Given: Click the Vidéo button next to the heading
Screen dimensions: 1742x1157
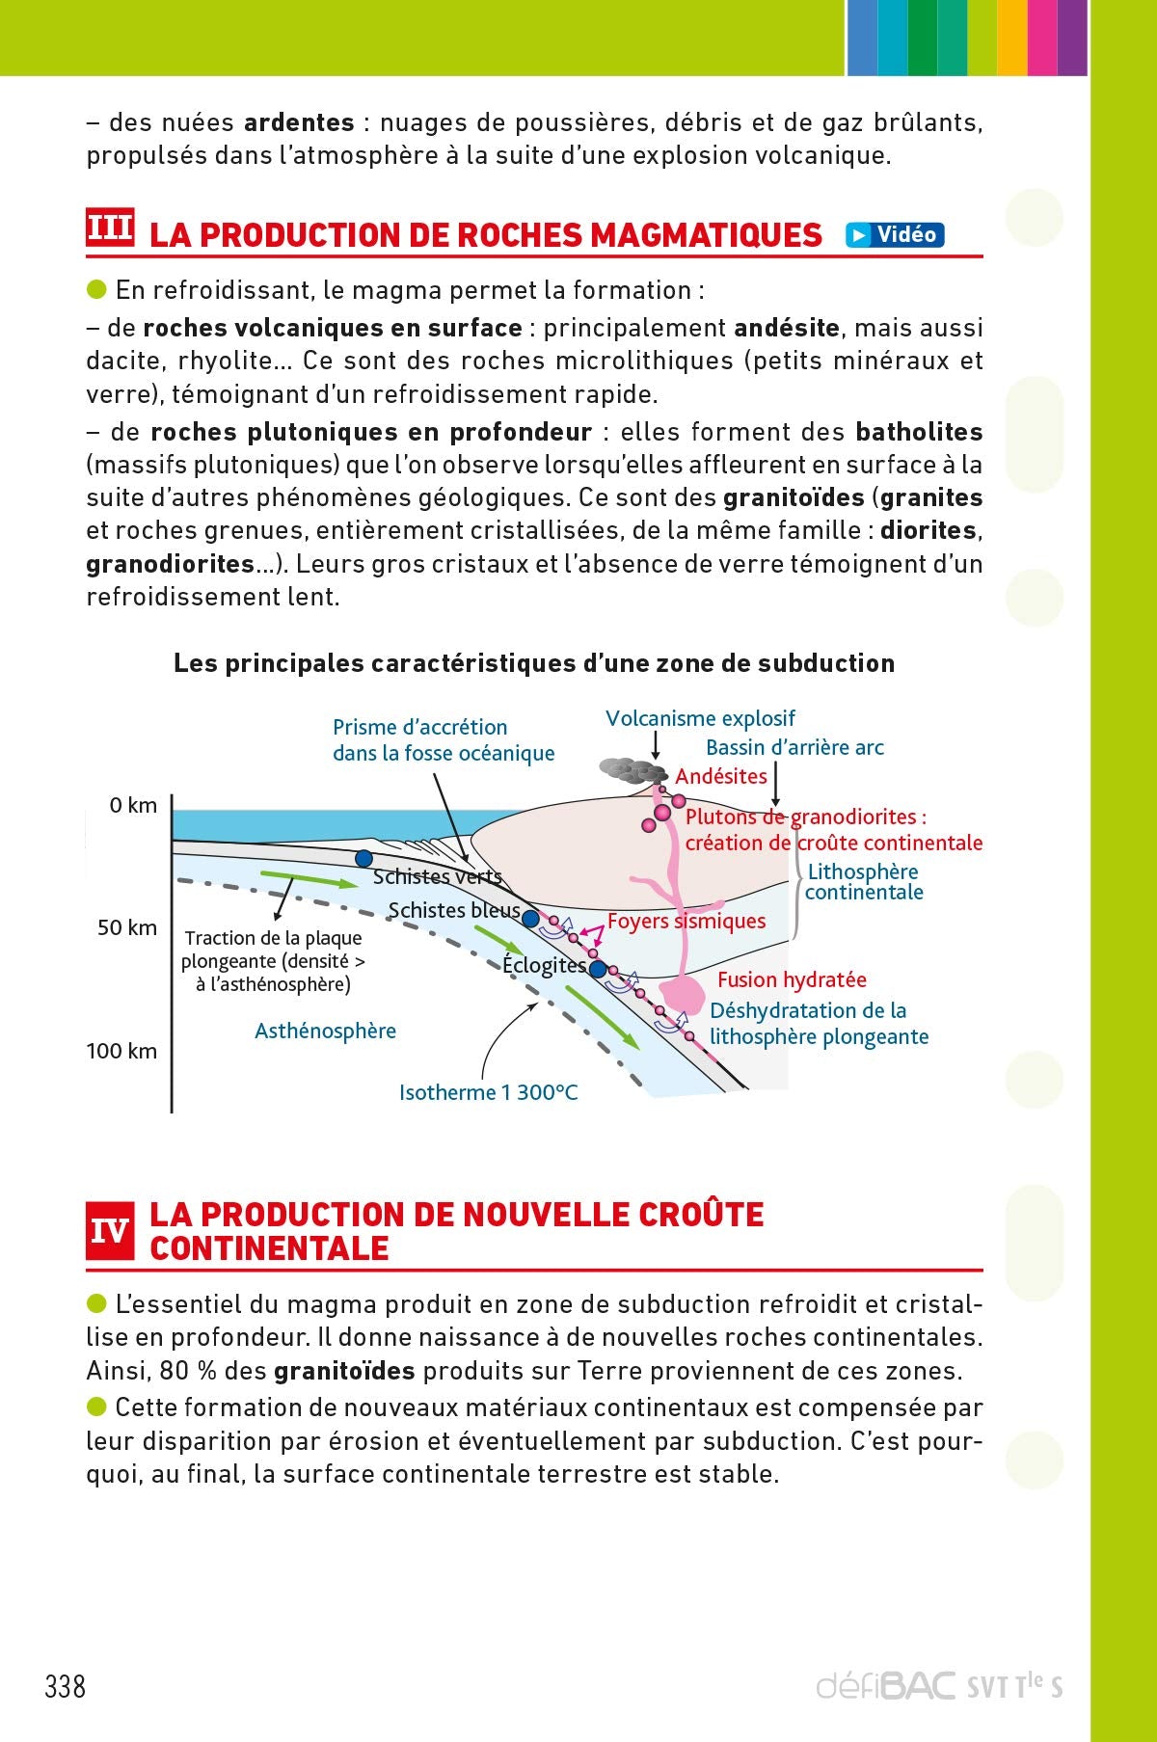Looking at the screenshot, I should tap(895, 234).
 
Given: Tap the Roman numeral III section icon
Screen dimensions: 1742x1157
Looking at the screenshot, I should tap(110, 229).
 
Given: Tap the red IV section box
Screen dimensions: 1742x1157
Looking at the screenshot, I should tap(110, 1231).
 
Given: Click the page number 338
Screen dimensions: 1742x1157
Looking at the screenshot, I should tap(66, 1686).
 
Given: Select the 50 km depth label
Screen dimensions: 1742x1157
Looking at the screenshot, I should tap(126, 927).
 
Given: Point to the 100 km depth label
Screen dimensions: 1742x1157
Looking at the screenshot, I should tap(121, 1051).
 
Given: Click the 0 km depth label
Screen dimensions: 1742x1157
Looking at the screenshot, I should tap(133, 805).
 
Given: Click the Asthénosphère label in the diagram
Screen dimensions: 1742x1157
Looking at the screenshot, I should tap(325, 1031).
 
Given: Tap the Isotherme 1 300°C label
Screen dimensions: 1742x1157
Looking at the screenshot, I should tap(488, 1092).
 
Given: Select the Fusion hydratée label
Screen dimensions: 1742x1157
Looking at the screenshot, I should tap(792, 979).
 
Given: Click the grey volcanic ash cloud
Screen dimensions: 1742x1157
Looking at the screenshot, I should tap(632, 770).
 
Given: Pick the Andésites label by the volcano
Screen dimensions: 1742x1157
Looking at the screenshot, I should tap(721, 776).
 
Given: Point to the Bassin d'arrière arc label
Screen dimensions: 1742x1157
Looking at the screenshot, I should tap(794, 747).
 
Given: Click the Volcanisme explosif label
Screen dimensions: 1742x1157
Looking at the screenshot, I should tap(700, 718).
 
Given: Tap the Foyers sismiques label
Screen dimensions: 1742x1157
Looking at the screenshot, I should tap(686, 921).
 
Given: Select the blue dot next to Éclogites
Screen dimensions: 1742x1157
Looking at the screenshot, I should tap(598, 969).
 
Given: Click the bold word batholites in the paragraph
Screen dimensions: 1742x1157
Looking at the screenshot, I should tap(919, 431).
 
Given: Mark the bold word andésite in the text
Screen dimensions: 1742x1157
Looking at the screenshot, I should tap(786, 328).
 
